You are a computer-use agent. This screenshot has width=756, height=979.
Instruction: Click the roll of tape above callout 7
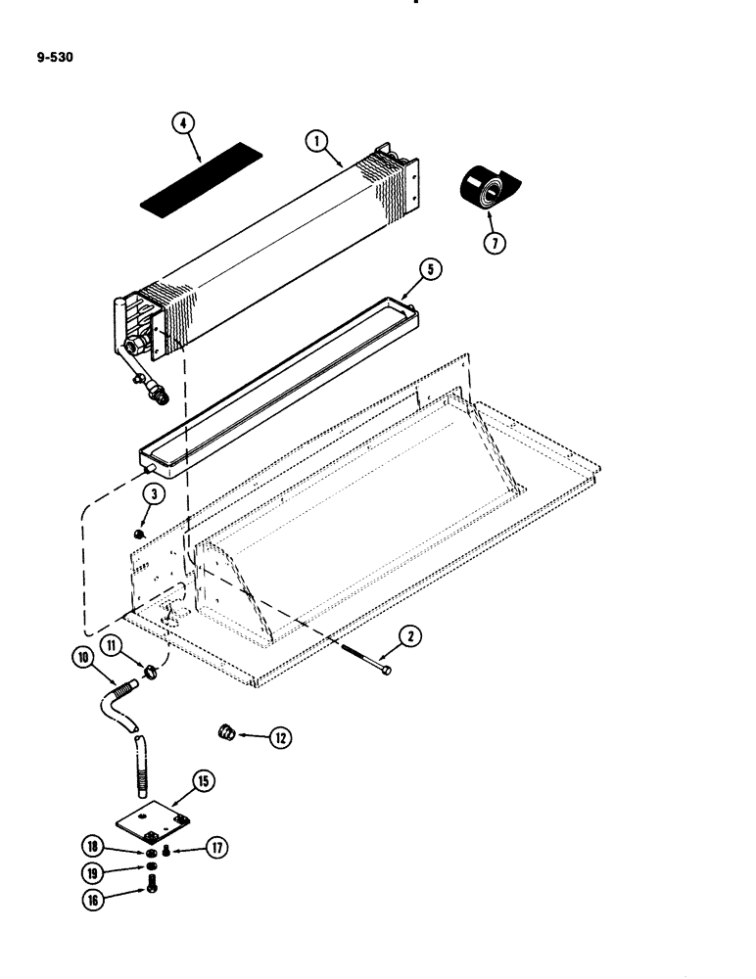[x=486, y=188]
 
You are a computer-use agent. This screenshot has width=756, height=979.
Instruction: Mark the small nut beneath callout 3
[x=140, y=534]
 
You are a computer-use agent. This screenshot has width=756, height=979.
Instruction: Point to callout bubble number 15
[x=203, y=782]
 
